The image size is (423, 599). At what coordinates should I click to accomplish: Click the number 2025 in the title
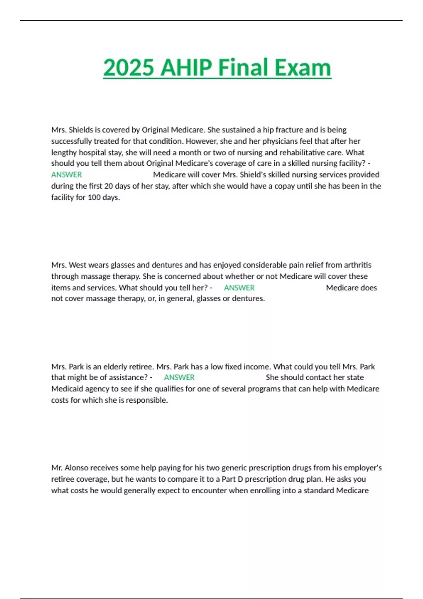click(x=129, y=67)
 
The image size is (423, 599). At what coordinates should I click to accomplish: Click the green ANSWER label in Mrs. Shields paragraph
click(x=67, y=175)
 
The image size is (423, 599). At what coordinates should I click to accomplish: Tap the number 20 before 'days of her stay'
click(x=109, y=186)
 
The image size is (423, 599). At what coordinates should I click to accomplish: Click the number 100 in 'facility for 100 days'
click(x=94, y=197)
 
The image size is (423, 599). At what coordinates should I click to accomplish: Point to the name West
click(x=78, y=265)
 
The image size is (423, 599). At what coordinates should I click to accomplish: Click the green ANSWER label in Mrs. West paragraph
click(x=239, y=288)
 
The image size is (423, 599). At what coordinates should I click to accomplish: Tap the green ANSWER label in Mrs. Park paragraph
click(x=179, y=377)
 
